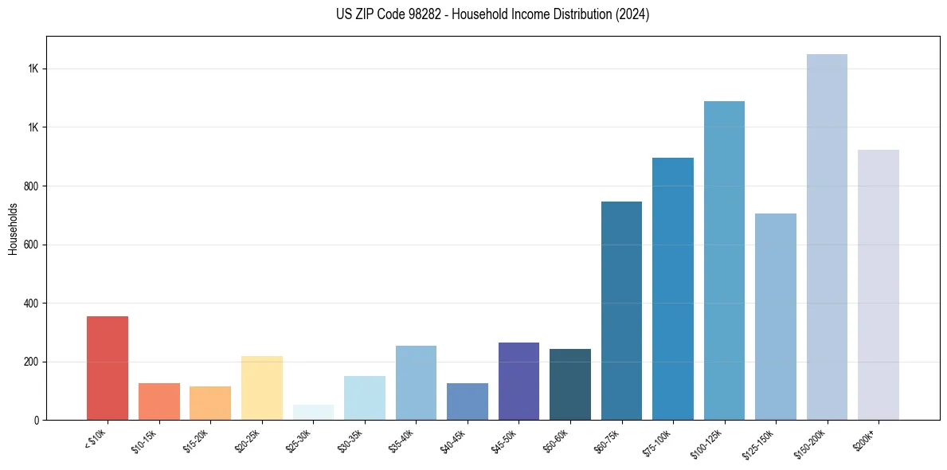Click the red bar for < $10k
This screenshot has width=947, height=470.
108,368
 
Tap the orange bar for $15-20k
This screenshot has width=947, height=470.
210,403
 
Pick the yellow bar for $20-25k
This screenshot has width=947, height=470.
262,388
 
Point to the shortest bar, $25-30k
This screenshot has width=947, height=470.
313,413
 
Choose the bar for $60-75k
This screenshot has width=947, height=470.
621,311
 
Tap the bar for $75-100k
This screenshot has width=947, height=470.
673,288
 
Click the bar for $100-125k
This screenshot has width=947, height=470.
724,260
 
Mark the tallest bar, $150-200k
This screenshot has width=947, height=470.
827,237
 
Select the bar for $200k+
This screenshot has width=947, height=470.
879,284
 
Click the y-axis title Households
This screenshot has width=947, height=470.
13,229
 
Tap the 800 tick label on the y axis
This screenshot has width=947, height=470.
33,186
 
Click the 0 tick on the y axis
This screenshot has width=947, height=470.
37,420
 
